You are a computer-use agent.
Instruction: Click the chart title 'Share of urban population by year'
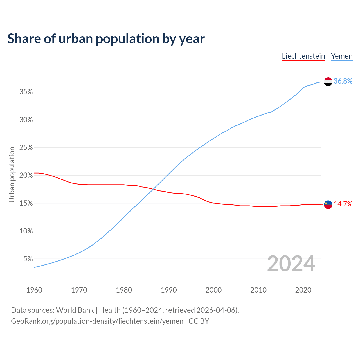click(106, 39)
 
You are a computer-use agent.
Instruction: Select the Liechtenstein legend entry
click(303, 56)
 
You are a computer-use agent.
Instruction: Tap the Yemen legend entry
click(342, 56)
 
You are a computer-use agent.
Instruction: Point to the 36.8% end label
click(343, 81)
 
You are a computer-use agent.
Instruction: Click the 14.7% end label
click(343, 204)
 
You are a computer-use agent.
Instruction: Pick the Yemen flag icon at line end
click(328, 82)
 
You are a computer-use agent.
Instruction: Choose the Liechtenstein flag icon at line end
click(328, 205)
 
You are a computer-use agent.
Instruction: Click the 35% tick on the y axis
click(26, 92)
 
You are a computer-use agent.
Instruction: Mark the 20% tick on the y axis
click(26, 175)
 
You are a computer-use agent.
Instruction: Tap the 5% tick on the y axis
click(28, 259)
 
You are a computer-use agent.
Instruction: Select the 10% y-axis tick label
click(26, 231)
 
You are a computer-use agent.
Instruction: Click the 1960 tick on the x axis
click(34, 290)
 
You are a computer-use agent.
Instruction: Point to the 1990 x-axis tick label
click(169, 290)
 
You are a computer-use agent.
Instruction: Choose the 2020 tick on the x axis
click(303, 290)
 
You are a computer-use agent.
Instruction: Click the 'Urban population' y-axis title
click(12, 175)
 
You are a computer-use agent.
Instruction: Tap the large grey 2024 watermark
click(291, 264)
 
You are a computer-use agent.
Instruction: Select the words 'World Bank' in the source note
click(75, 310)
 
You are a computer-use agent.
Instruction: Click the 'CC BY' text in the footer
click(199, 321)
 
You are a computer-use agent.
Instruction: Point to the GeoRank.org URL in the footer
click(97, 321)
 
